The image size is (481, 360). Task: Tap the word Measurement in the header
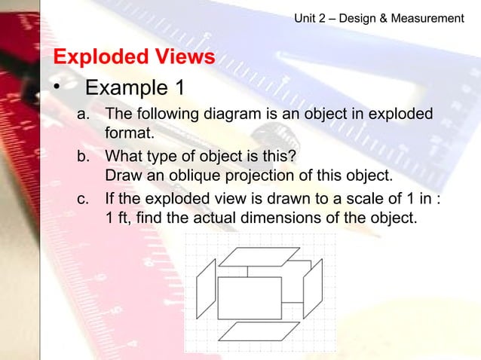pos(427,17)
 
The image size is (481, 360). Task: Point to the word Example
pos(127,88)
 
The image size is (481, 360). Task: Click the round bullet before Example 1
pos(56,89)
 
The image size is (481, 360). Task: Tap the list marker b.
pos(84,157)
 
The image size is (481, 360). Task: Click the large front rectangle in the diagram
pos(250,297)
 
